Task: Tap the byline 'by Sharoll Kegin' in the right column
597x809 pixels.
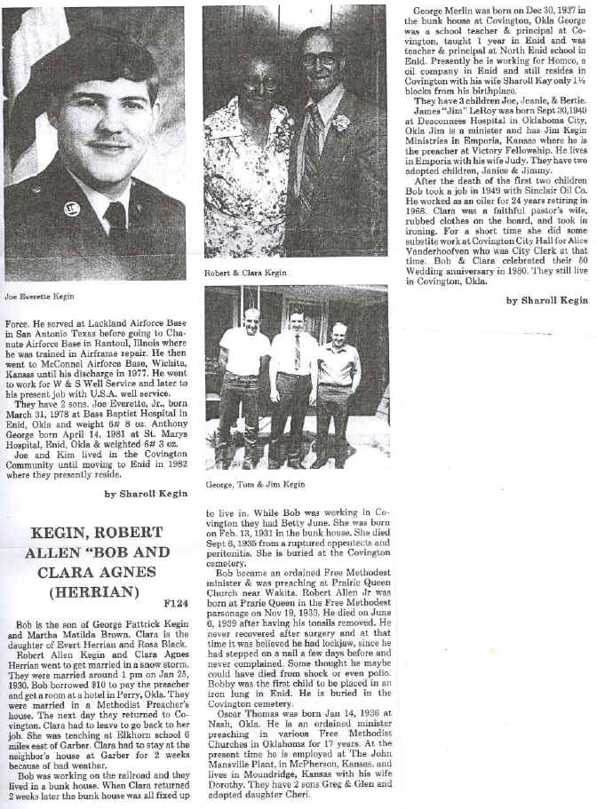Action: [x=546, y=300]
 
